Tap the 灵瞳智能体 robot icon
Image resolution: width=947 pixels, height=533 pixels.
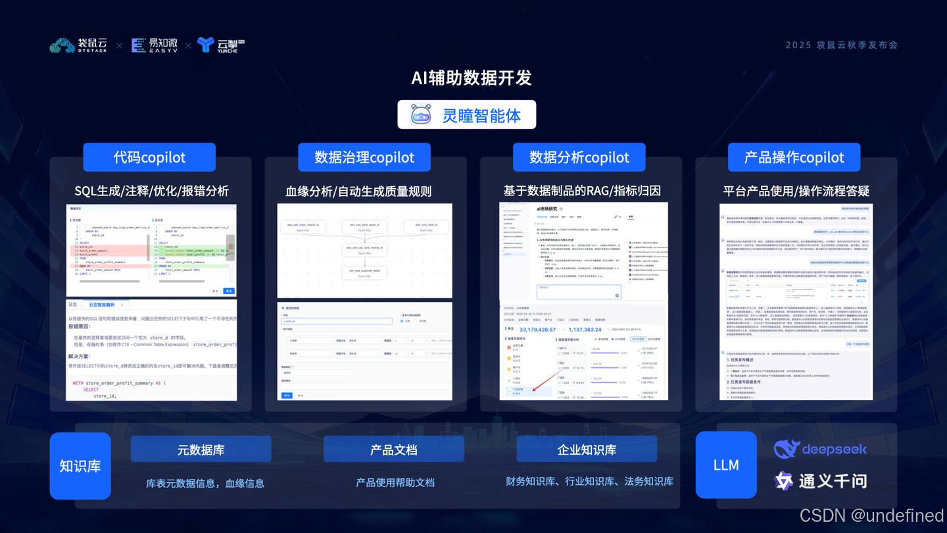[x=421, y=114]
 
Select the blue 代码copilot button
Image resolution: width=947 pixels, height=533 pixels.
[x=149, y=157]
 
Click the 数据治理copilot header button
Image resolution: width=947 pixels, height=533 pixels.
[x=364, y=157]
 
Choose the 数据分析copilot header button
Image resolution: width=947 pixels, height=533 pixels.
[x=579, y=157]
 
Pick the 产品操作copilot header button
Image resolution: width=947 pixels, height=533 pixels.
[x=794, y=157]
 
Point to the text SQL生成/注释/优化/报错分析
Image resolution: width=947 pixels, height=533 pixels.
[x=151, y=191]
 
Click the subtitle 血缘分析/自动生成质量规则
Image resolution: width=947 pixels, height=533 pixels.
[x=358, y=191]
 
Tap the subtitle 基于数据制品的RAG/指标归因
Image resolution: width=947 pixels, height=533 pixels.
[x=582, y=191]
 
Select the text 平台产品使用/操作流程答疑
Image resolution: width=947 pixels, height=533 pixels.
[x=796, y=191]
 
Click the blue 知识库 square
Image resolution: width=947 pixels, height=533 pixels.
[x=80, y=466]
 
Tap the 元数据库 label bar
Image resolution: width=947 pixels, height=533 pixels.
[x=201, y=449]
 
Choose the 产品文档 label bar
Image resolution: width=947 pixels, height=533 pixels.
[x=393, y=449]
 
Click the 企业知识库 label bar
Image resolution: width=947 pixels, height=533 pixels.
[x=587, y=449]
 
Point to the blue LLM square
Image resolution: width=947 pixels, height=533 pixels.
[x=726, y=465]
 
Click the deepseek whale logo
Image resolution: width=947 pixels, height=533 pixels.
[x=787, y=449]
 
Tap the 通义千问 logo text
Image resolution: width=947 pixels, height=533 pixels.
[x=833, y=481]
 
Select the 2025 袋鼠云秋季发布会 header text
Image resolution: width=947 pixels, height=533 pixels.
[x=842, y=45]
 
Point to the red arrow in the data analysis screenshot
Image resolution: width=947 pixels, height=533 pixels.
[x=542, y=383]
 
